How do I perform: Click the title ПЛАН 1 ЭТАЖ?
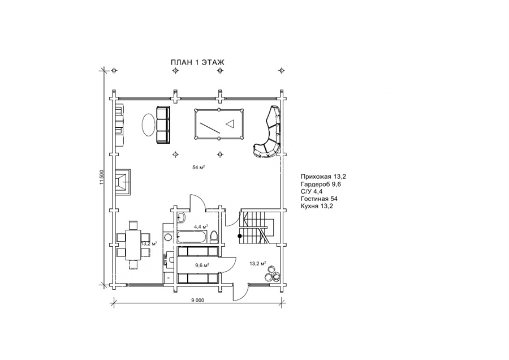197,62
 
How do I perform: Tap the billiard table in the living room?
219,124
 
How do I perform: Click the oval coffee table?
148,125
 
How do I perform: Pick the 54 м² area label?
199,168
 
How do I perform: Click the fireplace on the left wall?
122,182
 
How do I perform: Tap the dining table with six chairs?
133,245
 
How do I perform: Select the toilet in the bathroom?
214,237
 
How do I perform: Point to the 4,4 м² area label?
201,226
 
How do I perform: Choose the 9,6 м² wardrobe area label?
202,265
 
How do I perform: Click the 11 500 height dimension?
101,178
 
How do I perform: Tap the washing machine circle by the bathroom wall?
168,236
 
